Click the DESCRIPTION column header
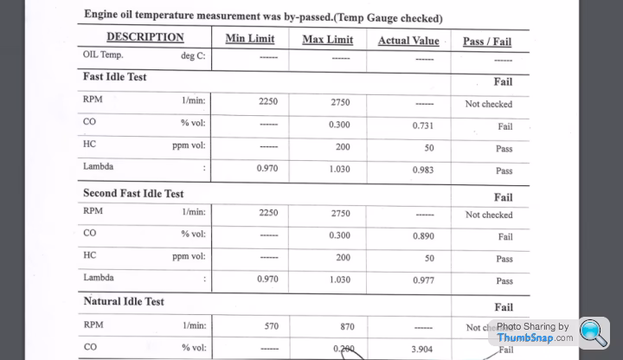point(145,37)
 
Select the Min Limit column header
point(250,39)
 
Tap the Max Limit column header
point(327,40)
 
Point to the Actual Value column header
point(408,41)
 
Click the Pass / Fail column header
point(487,42)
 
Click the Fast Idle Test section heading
point(115,77)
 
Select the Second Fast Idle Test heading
point(133,193)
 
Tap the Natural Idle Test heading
point(124,302)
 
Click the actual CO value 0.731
point(423,126)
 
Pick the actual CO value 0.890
point(423,236)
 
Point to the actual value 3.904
point(423,349)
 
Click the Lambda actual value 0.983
point(423,170)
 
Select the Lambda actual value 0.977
point(423,280)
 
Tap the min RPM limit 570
point(271,326)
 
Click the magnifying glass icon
point(594,333)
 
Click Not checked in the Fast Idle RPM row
point(488,104)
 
